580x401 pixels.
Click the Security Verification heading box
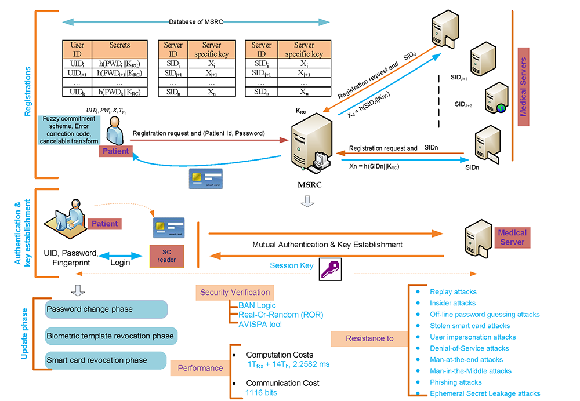235,292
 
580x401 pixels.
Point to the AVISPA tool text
260,325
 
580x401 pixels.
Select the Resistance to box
369,338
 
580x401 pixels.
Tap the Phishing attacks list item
455,382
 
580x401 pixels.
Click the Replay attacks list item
453,292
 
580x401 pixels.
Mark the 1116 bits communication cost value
261,393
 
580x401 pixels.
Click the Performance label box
200,368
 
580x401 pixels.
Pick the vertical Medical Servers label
523,87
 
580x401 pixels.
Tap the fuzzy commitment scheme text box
70,130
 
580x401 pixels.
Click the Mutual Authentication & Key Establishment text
328,245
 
